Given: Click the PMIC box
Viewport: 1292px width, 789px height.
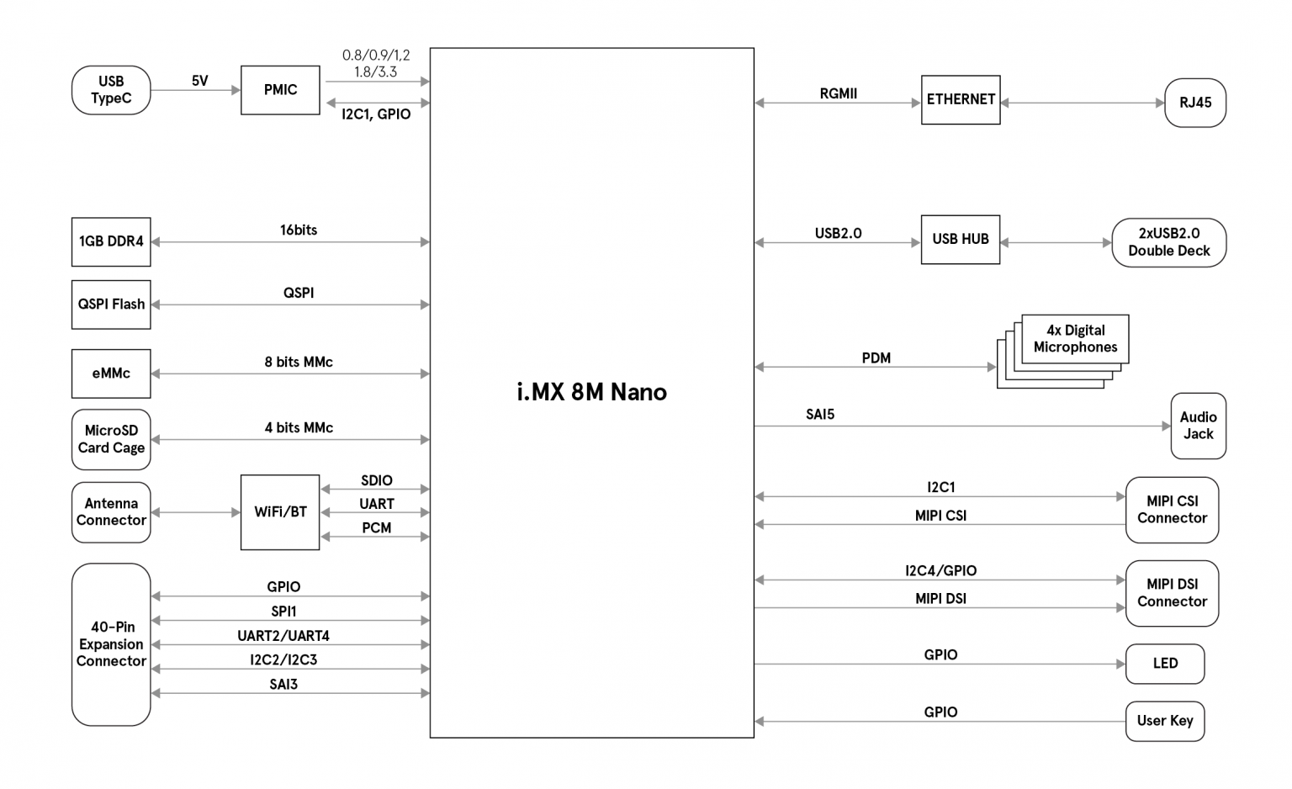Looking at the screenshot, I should pos(280,90).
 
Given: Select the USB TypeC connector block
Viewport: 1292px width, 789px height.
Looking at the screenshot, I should pos(111,90).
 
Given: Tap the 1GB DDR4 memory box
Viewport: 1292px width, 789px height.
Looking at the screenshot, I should pos(111,241).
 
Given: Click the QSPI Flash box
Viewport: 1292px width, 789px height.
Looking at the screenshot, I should pos(111,304).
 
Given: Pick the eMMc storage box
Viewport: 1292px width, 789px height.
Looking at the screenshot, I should pos(111,373).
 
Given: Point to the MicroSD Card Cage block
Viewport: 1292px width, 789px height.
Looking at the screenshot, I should pos(111,439).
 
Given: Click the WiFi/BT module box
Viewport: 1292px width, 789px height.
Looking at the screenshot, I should pos(280,512).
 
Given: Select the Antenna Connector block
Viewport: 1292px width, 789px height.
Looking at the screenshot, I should pos(111,512).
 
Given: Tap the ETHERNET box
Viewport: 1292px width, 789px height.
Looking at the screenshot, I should pos(961,99).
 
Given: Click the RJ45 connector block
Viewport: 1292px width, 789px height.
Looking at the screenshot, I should pos(1195,103).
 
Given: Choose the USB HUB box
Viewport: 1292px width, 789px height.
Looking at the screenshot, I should pos(961,240).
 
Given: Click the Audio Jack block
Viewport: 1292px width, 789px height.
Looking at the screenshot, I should pos(1198,426).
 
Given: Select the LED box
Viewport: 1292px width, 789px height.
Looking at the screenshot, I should pos(1165,664).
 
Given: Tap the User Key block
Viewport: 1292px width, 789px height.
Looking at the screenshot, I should pos(1165,721).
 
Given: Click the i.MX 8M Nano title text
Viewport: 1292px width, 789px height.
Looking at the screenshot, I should pos(591,392).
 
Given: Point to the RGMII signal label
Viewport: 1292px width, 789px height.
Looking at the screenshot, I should pos(838,93).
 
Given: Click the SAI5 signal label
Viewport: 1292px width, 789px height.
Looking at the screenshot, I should pos(820,414).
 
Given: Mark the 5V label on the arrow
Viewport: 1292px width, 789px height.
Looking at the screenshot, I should pos(199,81).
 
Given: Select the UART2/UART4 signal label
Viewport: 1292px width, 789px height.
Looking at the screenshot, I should pos(283,636).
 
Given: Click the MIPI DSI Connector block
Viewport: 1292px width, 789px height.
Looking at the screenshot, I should pos(1172,593).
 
